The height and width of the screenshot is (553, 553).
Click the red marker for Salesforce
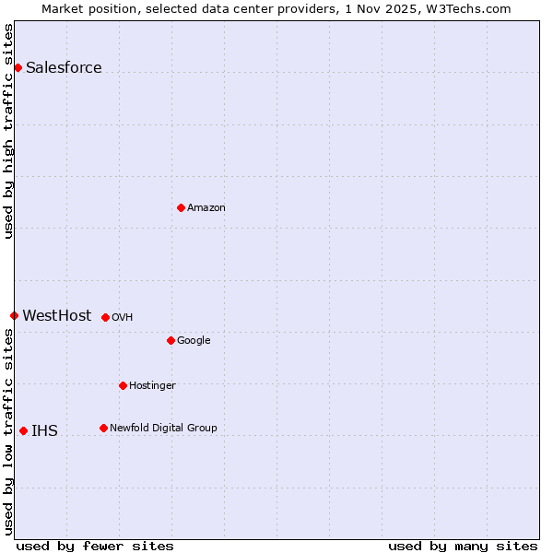click(x=18, y=67)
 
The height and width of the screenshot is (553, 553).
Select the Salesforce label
click(x=64, y=67)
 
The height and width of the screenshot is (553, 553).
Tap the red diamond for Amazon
click(x=181, y=207)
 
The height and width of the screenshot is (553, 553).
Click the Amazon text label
click(x=206, y=207)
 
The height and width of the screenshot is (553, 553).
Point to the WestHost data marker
click(x=14, y=315)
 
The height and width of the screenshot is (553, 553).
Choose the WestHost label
click(x=57, y=315)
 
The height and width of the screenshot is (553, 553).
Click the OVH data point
click(x=105, y=317)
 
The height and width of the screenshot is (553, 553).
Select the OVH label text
click(x=123, y=317)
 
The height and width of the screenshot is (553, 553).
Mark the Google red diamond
click(x=171, y=340)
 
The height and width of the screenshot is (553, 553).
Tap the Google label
click(x=194, y=340)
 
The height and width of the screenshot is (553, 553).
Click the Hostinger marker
click(x=123, y=385)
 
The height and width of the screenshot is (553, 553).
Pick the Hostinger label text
click(x=152, y=385)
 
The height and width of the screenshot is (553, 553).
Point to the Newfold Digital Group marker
click(x=103, y=428)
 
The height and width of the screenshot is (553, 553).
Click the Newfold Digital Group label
click(x=163, y=428)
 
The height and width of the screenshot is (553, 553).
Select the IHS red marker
click(x=23, y=430)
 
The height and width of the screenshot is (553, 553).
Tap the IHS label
click(x=44, y=430)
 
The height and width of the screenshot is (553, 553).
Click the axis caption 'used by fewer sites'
click(x=95, y=546)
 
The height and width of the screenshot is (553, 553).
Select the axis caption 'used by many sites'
click(x=463, y=546)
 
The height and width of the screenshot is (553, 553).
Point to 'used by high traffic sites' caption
click(x=8, y=131)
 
